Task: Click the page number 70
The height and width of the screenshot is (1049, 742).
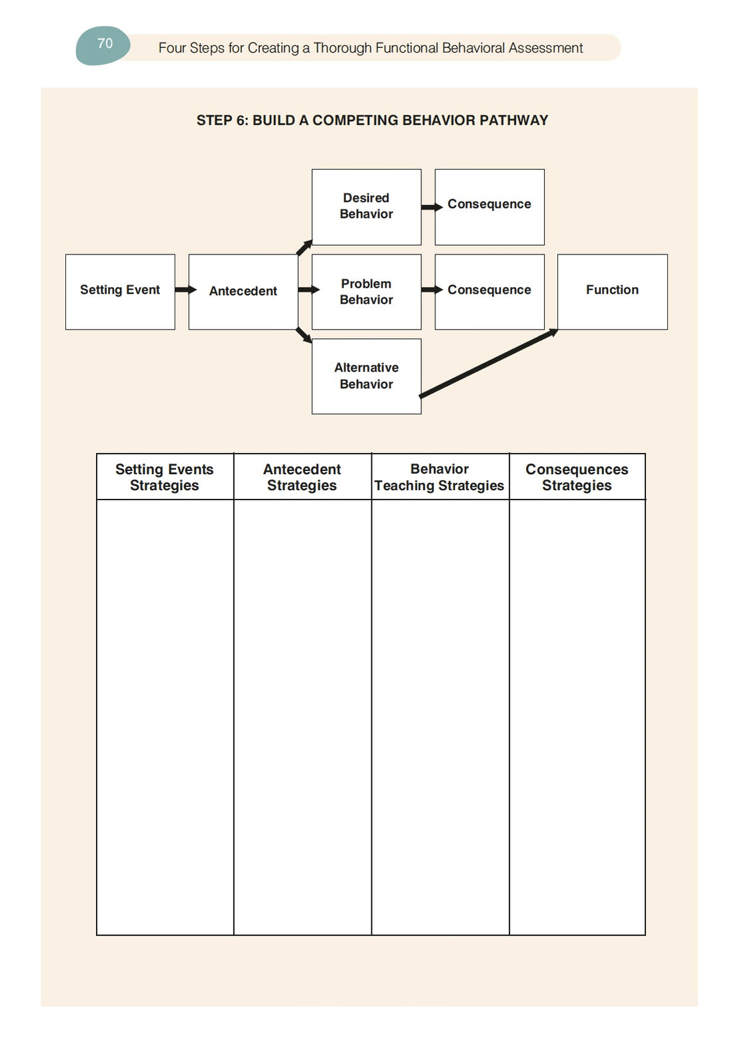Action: coord(105,44)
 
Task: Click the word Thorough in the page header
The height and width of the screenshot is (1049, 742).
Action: coord(342,48)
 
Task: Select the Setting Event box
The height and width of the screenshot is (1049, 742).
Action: coord(120,291)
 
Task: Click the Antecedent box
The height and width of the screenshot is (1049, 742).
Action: coord(243,291)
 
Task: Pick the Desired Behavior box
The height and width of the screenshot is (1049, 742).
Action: coord(366,206)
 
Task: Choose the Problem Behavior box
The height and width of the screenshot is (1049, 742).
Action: coord(366,292)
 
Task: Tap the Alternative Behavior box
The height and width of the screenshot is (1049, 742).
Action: coord(366,376)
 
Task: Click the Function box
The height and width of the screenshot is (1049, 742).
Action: coord(612,291)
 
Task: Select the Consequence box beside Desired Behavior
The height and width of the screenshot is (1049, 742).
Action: coord(489,206)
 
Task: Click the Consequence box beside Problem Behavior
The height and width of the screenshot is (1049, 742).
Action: coord(489,291)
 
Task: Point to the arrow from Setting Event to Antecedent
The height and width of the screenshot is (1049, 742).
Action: coord(185,290)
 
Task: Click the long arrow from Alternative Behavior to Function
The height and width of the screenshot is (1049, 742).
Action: coord(489,364)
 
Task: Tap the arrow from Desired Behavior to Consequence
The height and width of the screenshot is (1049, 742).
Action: coord(431,207)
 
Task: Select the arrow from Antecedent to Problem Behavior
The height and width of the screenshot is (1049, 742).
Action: coord(308,290)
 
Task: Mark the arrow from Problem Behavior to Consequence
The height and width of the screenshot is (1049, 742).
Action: coord(431,290)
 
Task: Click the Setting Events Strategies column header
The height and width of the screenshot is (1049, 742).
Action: coord(165,478)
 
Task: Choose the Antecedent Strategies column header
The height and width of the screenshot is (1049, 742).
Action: coord(302,478)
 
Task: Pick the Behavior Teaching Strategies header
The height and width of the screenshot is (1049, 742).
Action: coord(439,478)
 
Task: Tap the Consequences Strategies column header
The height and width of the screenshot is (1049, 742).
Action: coord(577,478)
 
